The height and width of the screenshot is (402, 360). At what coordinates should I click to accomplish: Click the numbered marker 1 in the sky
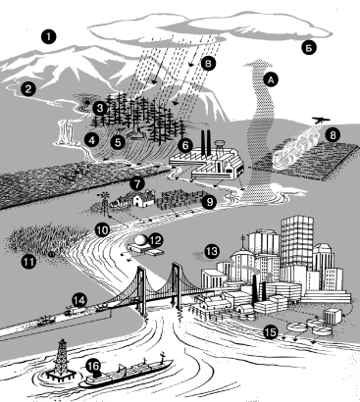(x=49, y=36)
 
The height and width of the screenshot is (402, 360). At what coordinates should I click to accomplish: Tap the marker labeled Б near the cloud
(x=308, y=48)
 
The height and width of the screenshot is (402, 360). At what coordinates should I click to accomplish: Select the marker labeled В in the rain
(x=209, y=64)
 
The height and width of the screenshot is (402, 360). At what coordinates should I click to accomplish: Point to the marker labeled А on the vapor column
(x=271, y=79)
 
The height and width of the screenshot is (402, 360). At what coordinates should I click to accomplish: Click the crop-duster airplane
(x=321, y=121)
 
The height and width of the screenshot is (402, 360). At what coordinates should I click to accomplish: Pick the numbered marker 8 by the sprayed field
(x=333, y=135)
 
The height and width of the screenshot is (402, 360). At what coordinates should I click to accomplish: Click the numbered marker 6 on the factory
(x=185, y=145)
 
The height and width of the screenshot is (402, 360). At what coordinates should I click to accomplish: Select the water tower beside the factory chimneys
(x=220, y=147)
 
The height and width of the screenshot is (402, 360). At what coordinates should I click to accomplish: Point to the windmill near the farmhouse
(x=104, y=203)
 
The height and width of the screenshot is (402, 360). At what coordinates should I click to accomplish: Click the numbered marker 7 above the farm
(x=137, y=184)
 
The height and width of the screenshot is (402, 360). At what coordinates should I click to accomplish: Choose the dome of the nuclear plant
(x=141, y=240)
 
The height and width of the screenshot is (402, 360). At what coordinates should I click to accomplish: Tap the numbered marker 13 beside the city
(x=212, y=251)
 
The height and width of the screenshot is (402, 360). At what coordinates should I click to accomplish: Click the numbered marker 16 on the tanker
(x=93, y=366)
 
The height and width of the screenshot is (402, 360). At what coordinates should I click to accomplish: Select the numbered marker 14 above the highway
(x=79, y=300)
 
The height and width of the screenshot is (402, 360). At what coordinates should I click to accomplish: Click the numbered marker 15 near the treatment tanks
(x=271, y=332)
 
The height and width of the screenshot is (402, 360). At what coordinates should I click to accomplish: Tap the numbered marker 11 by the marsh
(x=28, y=262)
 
